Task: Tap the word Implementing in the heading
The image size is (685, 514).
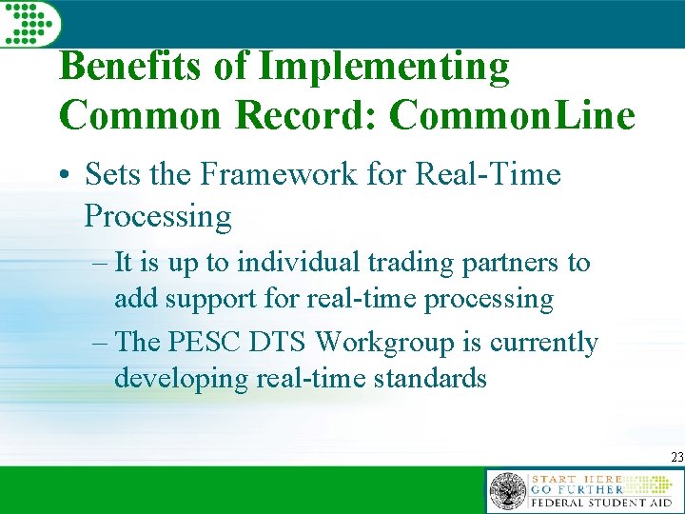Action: pyautogui.click(x=384, y=68)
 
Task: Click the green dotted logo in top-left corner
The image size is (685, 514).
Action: pyautogui.click(x=29, y=22)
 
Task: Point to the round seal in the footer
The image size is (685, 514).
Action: pyautogui.click(x=507, y=492)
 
